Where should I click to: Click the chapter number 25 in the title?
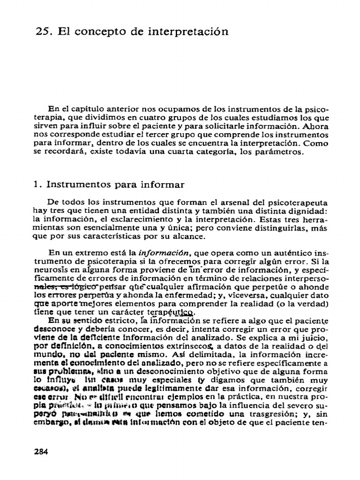point(43,32)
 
